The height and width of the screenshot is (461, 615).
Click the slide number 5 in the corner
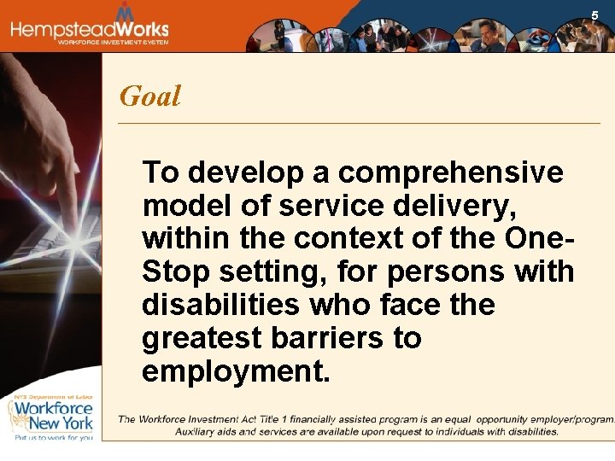click(x=594, y=15)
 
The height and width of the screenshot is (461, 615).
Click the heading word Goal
click(x=150, y=96)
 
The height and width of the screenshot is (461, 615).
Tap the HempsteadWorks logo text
click(x=90, y=28)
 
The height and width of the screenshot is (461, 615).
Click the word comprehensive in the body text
click(x=451, y=173)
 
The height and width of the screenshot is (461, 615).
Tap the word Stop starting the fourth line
click(x=174, y=272)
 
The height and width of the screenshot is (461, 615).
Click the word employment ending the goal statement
click(x=235, y=371)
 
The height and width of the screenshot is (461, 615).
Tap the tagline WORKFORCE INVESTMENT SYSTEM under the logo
click(x=113, y=42)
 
